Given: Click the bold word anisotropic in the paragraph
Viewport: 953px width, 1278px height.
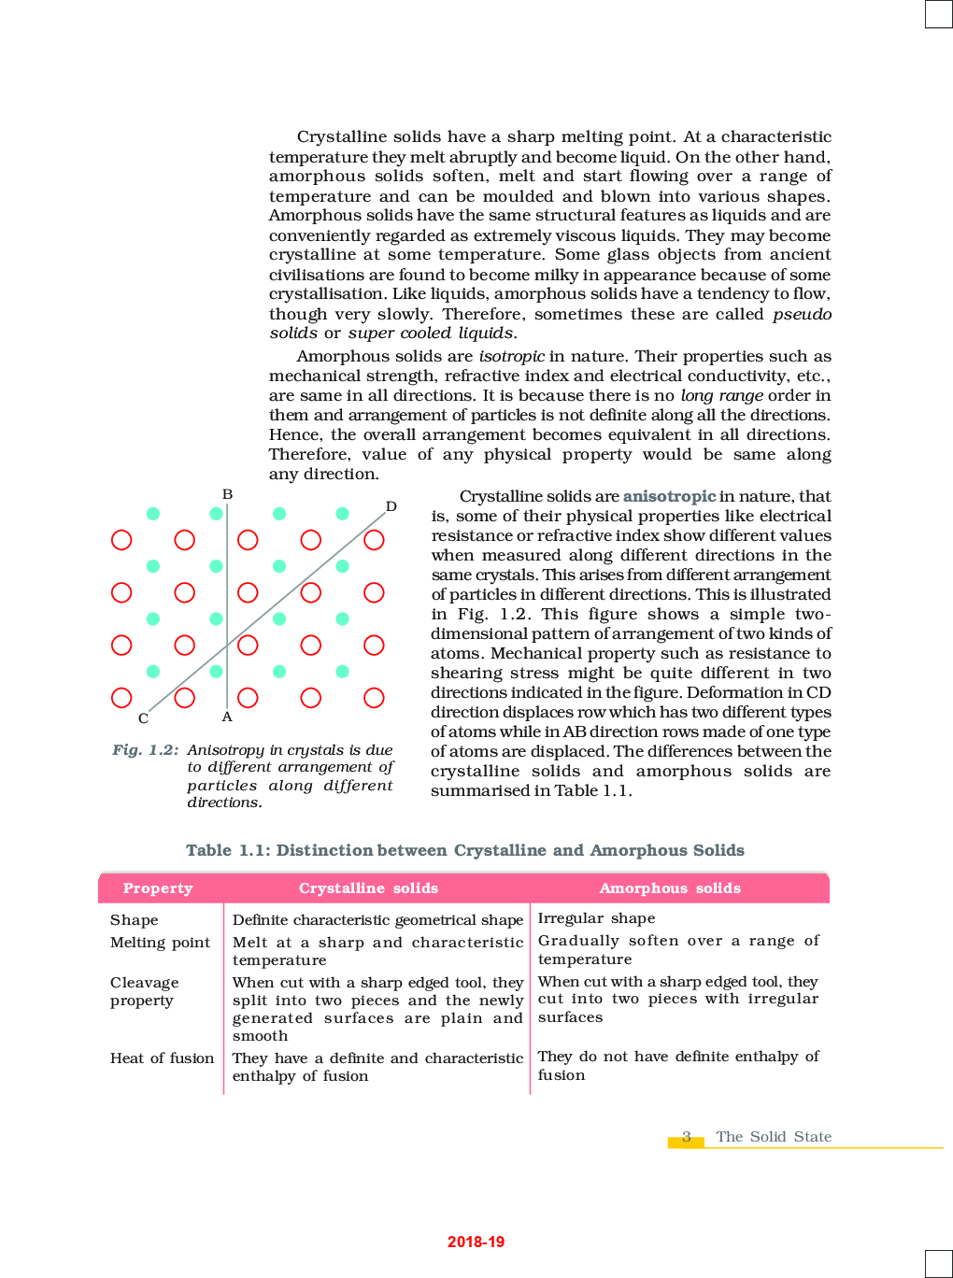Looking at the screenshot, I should pos(669,496).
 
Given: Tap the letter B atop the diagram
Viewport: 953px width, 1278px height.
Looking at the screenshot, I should pos(227,494).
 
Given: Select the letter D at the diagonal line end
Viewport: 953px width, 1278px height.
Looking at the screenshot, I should pos(391,506).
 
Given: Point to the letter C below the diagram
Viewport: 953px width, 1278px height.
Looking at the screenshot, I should pos(143,718).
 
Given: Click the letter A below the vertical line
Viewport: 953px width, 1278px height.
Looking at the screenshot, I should pos(227,717).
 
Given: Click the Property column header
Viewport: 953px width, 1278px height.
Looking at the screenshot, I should pos(158,888).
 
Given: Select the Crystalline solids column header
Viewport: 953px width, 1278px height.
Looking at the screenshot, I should pos(368,888).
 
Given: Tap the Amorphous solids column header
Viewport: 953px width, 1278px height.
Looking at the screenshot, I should pos(670,888).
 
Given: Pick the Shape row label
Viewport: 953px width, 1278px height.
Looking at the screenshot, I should pos(135,920).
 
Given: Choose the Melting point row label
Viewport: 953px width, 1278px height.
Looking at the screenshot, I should pos(160,943).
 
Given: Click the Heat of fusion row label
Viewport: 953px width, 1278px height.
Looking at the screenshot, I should pos(162,1058).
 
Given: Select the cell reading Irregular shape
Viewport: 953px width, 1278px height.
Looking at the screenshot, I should pos(596,918).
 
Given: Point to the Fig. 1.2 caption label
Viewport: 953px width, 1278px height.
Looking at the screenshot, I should pos(145,750).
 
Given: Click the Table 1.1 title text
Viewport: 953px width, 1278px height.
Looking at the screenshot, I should pos(464,850).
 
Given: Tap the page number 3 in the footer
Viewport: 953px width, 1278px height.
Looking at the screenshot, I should pos(687,1137).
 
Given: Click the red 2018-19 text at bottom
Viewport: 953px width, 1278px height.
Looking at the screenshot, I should pos(476,1242).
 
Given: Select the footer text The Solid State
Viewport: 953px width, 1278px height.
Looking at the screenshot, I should pos(774,1137).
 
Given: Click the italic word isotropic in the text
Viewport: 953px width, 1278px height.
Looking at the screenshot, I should pos(511,356).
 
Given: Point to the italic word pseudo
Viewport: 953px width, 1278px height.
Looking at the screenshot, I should pos(802,314).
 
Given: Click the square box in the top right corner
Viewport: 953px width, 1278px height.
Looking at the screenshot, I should pos(938,14).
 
